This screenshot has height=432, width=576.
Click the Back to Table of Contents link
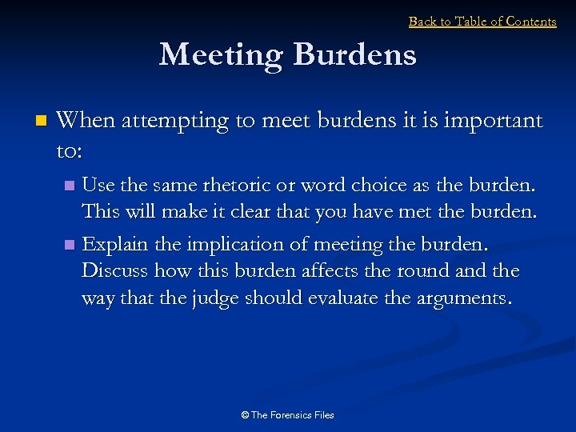pyautogui.click(x=482, y=22)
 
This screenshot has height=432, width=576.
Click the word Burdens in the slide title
pyautogui.click(x=354, y=55)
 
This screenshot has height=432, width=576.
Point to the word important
pyautogui.click(x=492, y=121)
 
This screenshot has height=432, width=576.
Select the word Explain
pyautogui.click(x=116, y=244)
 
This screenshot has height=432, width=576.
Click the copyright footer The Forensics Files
pyautogui.click(x=287, y=415)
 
